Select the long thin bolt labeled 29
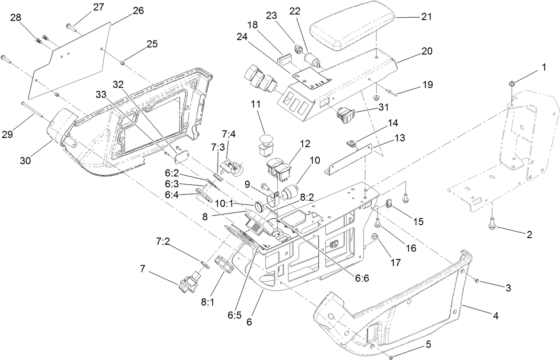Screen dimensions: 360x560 (x=32, y=109)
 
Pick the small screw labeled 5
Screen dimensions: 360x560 (x=391, y=356)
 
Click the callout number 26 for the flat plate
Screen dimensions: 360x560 (x=138, y=11)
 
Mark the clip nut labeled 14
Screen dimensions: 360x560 (x=351, y=143)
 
